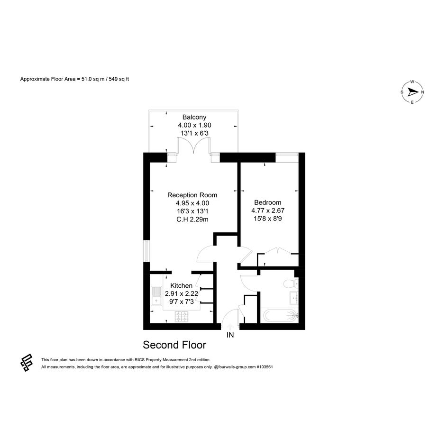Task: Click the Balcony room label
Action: tap(194, 117)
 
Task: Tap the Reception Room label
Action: tap(192, 195)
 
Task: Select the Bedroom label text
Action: tap(268, 202)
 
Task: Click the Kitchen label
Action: tap(182, 285)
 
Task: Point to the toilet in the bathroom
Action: tap(291, 284)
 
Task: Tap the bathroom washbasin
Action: tap(294, 298)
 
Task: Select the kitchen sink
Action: tap(156, 296)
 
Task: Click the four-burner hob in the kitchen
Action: tap(182, 317)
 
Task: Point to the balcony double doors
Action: tap(194, 146)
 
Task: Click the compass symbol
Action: tap(412, 92)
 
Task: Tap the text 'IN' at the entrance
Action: tap(230, 335)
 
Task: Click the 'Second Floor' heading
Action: tap(174, 345)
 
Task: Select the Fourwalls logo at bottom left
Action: tap(27, 362)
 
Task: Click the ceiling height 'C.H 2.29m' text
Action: tap(192, 219)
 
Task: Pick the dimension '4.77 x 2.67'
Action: tap(268, 210)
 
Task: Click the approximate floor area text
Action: tap(74, 79)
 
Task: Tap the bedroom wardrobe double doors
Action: tap(278, 250)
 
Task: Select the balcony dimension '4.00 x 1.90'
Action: tap(194, 125)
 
